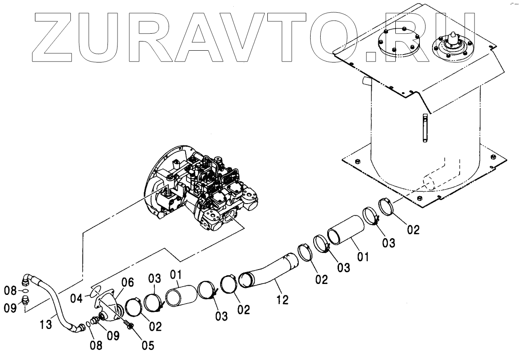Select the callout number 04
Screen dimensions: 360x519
click(x=76, y=299)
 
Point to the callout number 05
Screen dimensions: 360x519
click(x=148, y=345)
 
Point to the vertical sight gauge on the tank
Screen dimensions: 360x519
click(x=424, y=127)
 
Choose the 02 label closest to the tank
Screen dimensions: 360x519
click(x=412, y=229)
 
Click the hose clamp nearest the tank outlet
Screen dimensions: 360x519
click(x=386, y=206)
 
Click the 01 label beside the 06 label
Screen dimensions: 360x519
click(x=175, y=275)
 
